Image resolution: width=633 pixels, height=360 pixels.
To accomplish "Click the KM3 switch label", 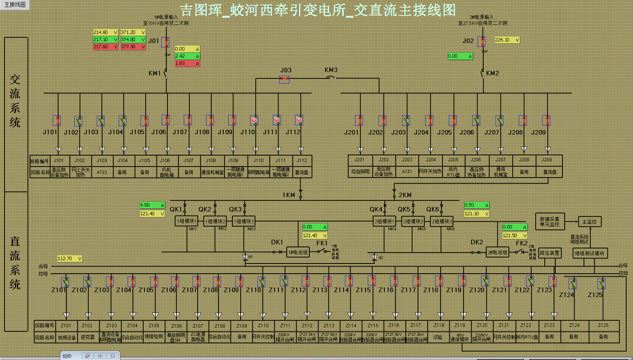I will click(331, 70).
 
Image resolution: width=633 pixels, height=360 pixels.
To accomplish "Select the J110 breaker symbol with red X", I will click(254, 120).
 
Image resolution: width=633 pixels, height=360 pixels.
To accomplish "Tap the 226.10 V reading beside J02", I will click(507, 40).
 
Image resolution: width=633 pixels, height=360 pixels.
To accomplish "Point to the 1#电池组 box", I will click(298, 252).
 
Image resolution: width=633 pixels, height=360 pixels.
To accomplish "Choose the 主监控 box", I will click(589, 222).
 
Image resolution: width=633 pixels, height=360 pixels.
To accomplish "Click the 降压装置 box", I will click(549, 253).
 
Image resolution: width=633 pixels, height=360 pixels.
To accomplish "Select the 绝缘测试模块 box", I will click(589, 253).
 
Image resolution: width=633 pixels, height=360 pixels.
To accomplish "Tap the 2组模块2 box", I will click(413, 221).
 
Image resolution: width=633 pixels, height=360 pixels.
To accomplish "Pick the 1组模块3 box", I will click(243, 221).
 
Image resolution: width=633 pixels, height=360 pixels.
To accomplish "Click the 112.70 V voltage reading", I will click(69, 259).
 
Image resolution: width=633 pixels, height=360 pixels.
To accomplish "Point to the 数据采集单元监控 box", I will click(550, 222).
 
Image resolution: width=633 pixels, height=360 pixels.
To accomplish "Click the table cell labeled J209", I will click(547, 160).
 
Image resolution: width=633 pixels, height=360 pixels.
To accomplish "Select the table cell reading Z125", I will click(603, 325).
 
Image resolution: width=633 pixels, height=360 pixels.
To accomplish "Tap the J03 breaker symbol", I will click(284, 79).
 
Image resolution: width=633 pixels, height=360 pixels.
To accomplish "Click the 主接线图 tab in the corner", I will click(15, 5).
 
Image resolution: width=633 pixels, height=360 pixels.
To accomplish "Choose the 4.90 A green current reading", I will click(152, 205).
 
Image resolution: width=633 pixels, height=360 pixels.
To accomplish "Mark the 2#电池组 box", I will click(497, 252).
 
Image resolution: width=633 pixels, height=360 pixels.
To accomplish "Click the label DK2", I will click(476, 242).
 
